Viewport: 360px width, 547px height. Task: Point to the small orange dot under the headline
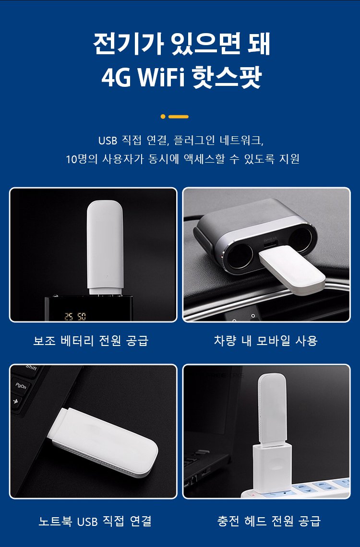point(163,117)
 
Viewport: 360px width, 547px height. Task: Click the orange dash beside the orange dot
point(178,117)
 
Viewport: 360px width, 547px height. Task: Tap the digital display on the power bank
point(75,316)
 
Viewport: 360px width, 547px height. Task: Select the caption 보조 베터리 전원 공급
point(91,341)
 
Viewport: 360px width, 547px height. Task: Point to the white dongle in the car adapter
point(292,268)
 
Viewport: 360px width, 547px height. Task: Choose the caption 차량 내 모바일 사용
point(266,341)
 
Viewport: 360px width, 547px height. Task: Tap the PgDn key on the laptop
point(22,387)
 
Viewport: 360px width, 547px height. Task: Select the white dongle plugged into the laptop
point(104,442)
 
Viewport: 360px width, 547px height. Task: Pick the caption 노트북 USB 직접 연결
point(95,521)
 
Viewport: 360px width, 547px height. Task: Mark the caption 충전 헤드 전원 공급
point(269,521)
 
